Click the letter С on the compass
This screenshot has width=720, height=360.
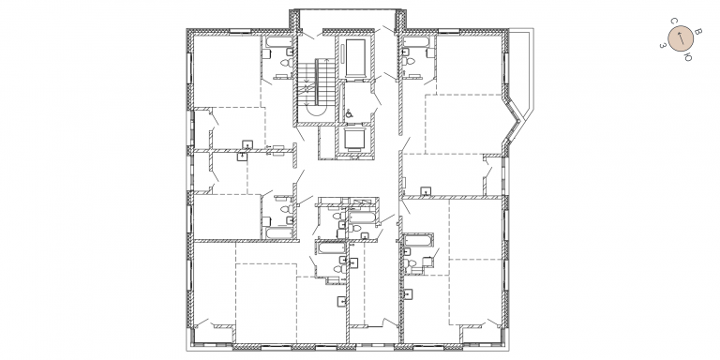[674, 22]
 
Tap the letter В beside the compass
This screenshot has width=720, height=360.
[697, 32]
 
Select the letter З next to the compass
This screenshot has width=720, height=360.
[663, 45]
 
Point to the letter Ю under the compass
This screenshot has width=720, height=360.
[688, 57]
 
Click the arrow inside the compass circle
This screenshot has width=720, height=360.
[681, 38]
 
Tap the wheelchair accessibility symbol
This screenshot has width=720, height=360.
[349, 113]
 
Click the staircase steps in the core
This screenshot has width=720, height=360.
[316, 82]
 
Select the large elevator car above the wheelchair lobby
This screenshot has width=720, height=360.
[355, 58]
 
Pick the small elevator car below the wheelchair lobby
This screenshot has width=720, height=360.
[355, 139]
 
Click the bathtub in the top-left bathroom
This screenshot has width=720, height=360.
[278, 42]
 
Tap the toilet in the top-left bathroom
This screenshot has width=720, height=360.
[286, 63]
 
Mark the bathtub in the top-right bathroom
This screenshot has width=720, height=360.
[416, 42]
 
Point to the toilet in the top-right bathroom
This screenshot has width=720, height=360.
[409, 62]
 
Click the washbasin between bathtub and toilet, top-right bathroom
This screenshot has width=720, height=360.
[406, 52]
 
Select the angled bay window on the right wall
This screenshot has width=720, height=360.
[514, 121]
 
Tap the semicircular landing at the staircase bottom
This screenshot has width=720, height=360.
[316, 111]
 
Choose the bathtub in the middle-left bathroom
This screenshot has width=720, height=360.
[278, 232]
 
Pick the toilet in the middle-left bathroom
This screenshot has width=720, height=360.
[286, 209]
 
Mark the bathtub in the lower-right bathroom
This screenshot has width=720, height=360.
[417, 241]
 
